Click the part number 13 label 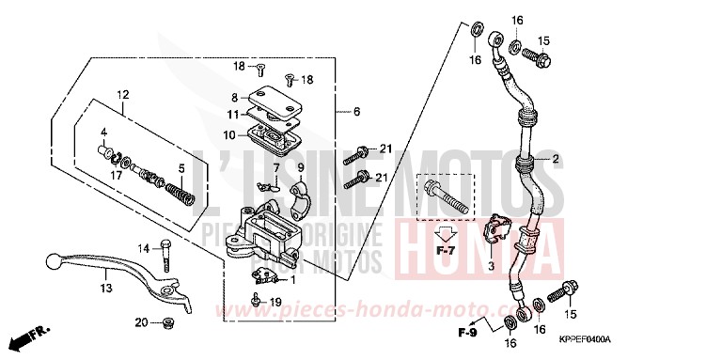(x=106, y=288)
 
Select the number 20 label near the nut (x=140, y=322)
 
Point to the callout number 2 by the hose (x=556, y=159)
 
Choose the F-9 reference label (x=466, y=333)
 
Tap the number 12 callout (x=121, y=95)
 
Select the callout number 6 (x=356, y=111)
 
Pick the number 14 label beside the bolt (x=145, y=248)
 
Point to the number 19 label (x=275, y=301)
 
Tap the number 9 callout (x=302, y=167)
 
